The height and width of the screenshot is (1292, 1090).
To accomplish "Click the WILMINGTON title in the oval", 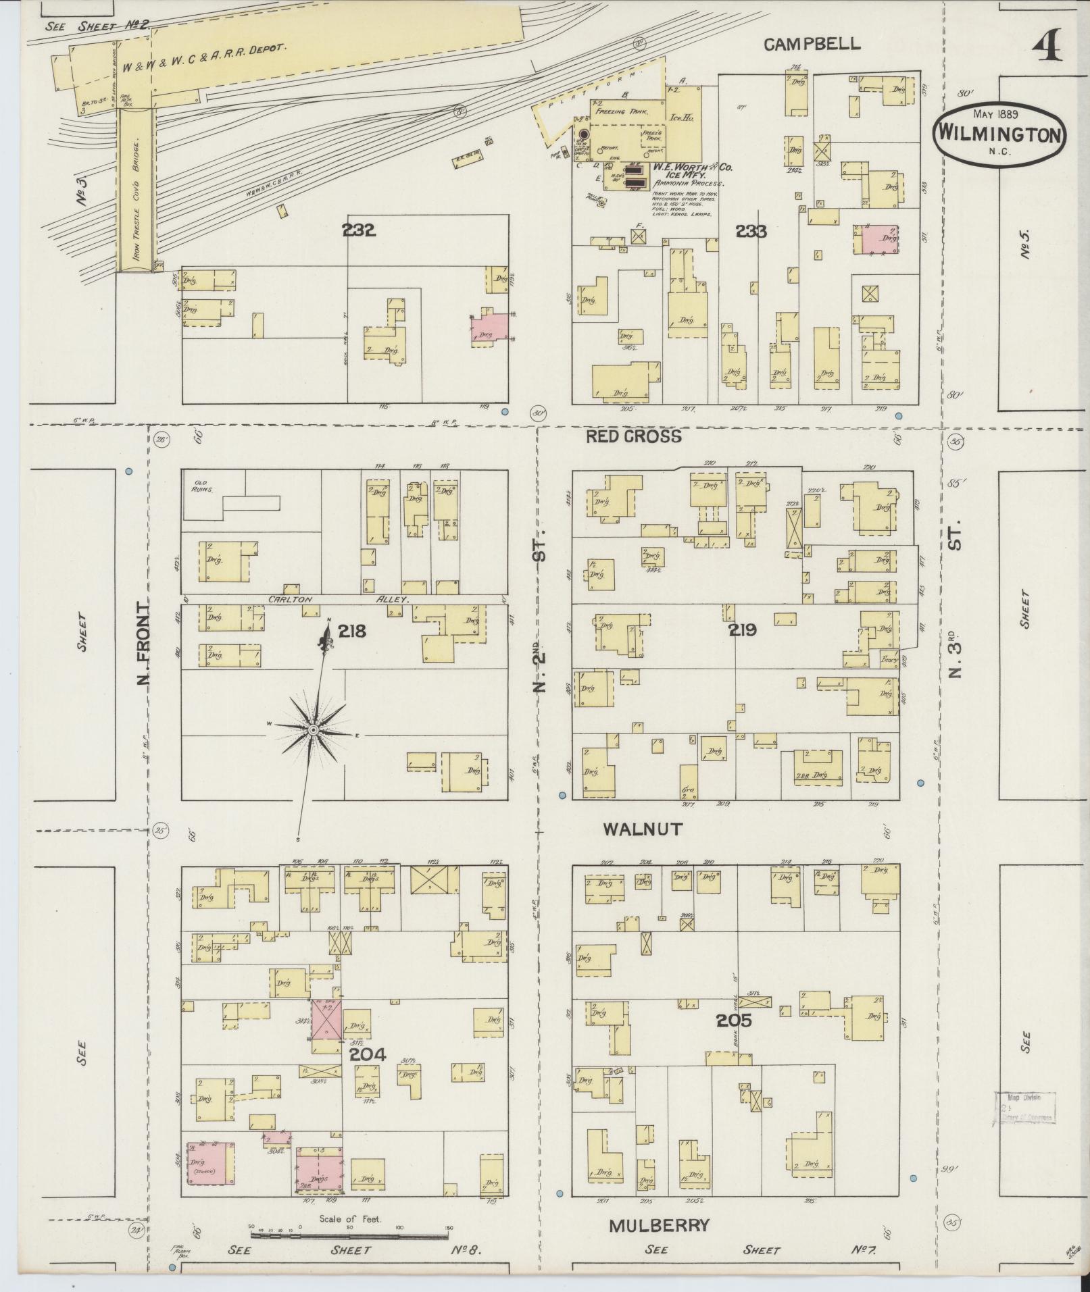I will [x=999, y=134].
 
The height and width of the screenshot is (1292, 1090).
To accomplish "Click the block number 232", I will [x=358, y=230].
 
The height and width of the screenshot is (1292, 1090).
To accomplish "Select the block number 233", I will [x=751, y=232].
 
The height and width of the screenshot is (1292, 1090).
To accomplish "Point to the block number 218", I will [x=352, y=631].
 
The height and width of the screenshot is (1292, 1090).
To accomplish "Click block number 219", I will [x=742, y=630].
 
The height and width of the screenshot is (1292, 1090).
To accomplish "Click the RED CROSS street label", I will [x=633, y=436].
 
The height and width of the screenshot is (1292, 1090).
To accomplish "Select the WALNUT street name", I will [x=643, y=829].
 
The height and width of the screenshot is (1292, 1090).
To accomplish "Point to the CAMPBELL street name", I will [x=812, y=45].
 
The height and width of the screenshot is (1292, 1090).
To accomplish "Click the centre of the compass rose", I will [x=314, y=731].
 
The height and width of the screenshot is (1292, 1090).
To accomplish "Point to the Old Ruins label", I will [x=201, y=486].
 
